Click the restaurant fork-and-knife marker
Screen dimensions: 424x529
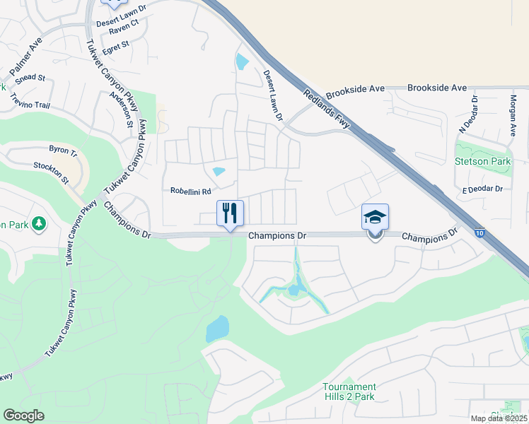tap(230, 213)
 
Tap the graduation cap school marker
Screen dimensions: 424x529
tap(375, 217)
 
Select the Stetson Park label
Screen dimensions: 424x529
tap(483, 161)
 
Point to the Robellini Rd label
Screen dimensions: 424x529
tap(191, 191)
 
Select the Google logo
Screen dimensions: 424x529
tap(23, 415)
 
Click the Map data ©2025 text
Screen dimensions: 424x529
tap(499, 418)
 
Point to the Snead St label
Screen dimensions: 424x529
tap(30, 78)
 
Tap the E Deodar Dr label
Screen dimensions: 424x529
tap(482, 189)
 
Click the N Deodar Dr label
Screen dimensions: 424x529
tap(469, 115)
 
